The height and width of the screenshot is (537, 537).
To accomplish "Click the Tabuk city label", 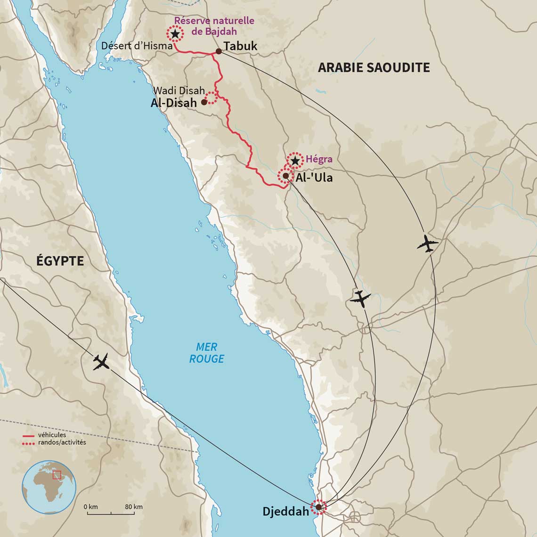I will coord(241,46).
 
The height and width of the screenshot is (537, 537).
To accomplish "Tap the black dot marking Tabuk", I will coord(219,51).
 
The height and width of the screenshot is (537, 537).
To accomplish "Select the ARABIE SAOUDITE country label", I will coord(374,67).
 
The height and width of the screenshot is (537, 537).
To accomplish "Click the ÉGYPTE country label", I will coord(60,260).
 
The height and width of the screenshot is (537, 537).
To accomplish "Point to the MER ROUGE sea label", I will coord(206,353).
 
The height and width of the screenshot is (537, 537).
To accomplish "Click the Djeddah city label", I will coord(285,512).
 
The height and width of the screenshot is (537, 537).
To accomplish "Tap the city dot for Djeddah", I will coord(318,507).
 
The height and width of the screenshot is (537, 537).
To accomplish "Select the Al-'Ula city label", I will coord(314,178).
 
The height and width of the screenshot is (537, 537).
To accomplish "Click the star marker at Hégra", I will coord(295,161).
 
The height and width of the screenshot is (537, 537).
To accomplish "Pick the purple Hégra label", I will coord(319,159).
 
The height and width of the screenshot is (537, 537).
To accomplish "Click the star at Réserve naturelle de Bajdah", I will coord(175,34).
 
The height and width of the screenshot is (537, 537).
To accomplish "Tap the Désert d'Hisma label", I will coord(137,46).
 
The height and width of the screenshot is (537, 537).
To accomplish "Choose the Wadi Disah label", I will coord(179,90).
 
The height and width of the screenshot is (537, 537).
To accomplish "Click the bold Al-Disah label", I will coord(174,103).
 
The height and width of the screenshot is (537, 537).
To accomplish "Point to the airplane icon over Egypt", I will coord(101,361).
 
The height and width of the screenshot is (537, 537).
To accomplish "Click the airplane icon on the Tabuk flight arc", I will coord(427,244).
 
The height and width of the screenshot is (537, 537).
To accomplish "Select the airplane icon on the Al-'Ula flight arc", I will coord(360,299).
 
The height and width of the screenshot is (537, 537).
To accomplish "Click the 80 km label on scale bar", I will coord(134,507).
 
